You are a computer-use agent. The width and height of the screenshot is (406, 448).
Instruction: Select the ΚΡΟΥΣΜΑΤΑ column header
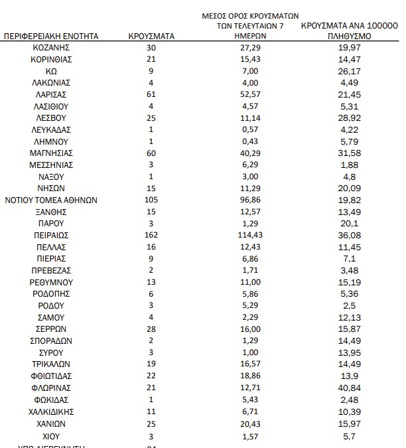point(151,37)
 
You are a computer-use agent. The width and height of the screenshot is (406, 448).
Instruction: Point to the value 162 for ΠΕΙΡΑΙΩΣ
point(151,236)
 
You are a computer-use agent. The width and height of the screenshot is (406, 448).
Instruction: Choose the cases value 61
point(151,95)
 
